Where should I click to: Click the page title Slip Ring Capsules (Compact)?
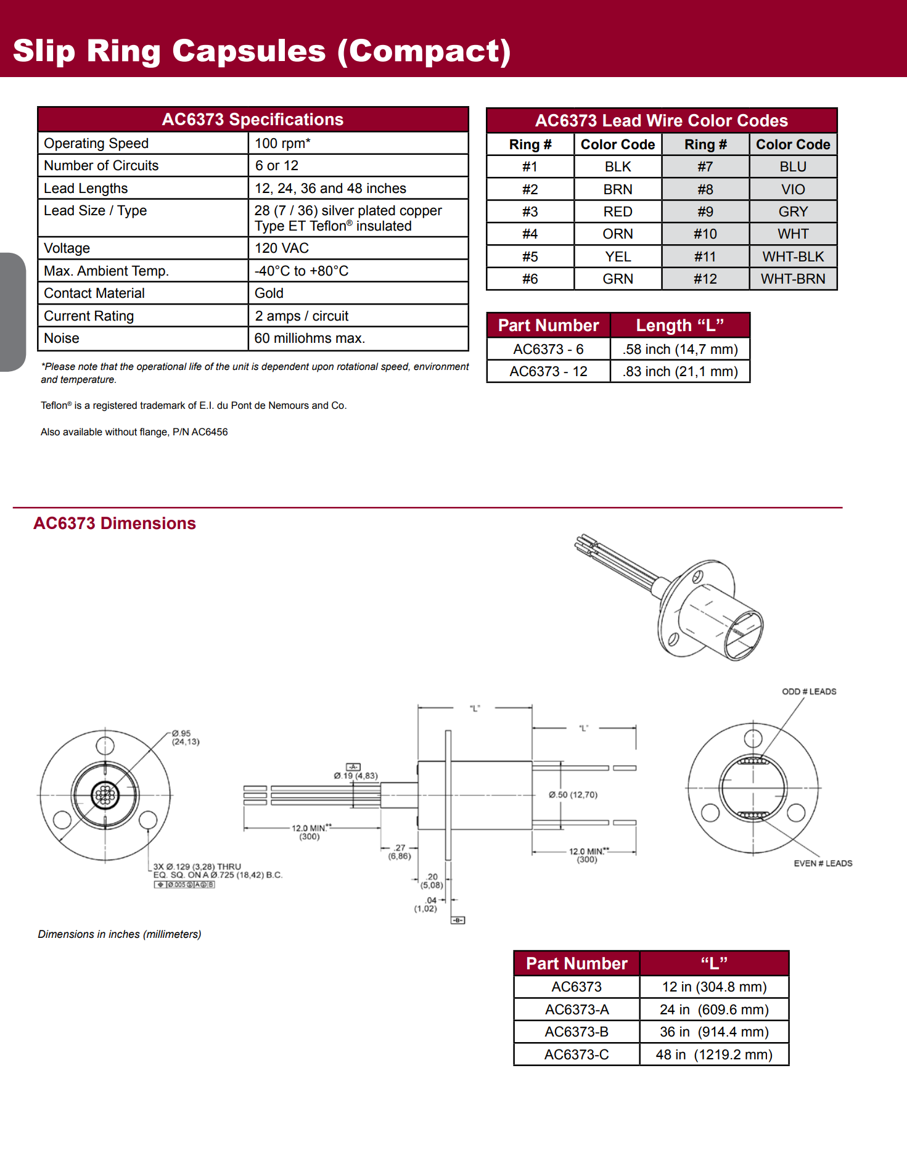[x=261, y=51]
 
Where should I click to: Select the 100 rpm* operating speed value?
[x=282, y=143]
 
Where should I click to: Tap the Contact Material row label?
[x=94, y=294]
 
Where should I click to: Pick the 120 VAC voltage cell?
[x=282, y=248]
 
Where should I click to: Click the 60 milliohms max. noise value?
[x=310, y=339]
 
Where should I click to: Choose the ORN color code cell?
[x=618, y=234]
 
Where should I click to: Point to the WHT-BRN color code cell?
[x=793, y=279]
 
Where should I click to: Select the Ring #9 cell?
[x=705, y=212]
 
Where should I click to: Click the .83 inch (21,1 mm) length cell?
[x=680, y=372]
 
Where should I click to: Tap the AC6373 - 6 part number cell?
[x=548, y=350]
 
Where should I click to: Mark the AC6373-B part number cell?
[x=577, y=1032]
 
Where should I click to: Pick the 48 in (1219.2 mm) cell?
[x=714, y=1055]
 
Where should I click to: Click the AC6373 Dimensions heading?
[x=115, y=524]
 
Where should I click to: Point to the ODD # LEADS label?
[x=809, y=692]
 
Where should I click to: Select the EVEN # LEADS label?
[x=823, y=863]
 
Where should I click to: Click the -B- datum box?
[x=458, y=920]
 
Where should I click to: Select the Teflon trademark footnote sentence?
[x=194, y=406]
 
